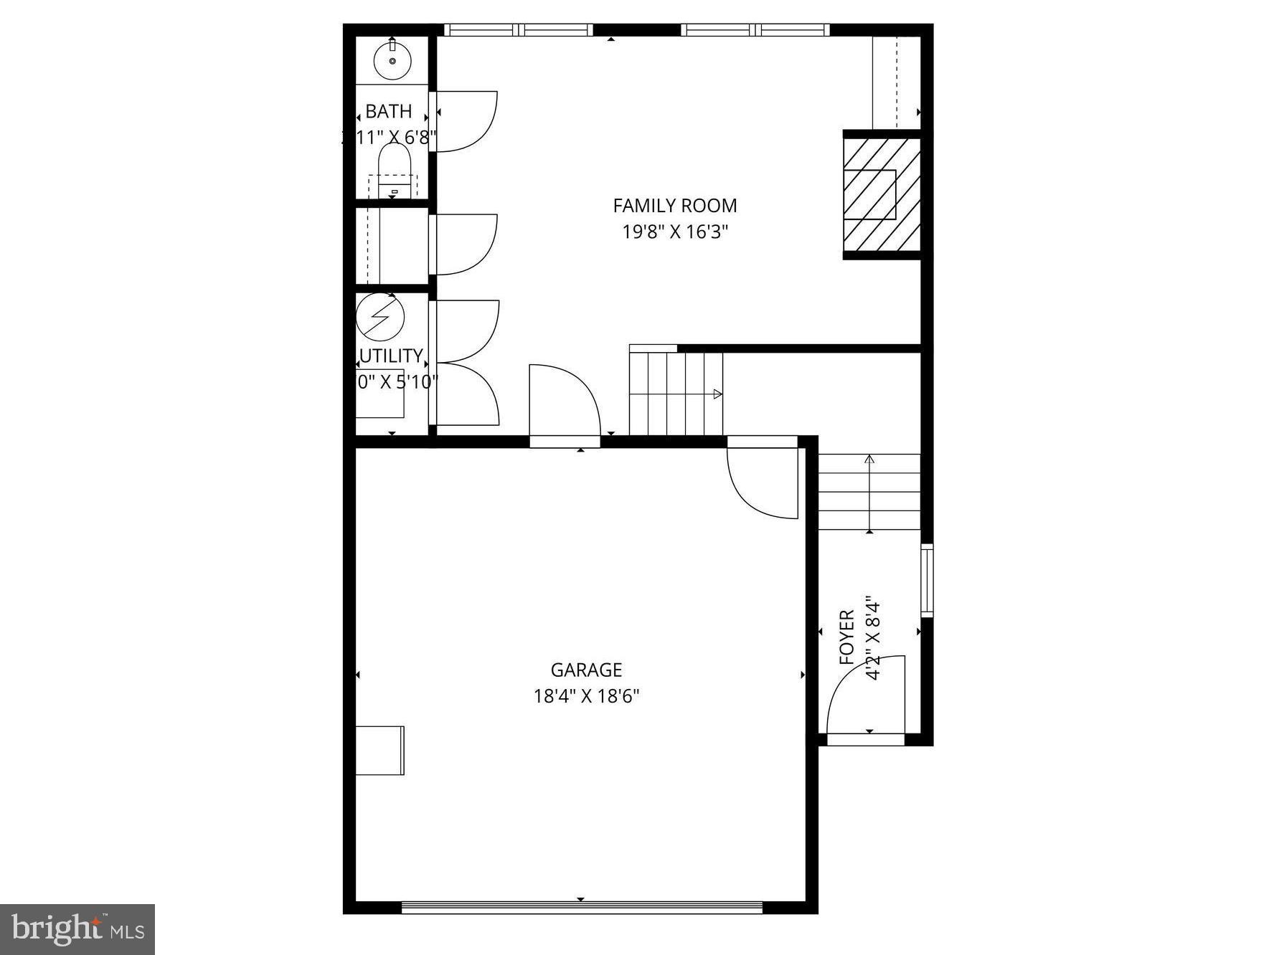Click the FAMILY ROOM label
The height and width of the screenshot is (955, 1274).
click(x=674, y=206)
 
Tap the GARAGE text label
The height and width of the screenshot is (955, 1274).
click(x=586, y=670)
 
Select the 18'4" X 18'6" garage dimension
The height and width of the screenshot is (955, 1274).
click(x=586, y=695)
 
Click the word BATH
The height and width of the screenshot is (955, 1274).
click(x=389, y=111)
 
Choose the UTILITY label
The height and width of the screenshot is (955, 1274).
click(x=392, y=356)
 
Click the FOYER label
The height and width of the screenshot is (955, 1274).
click(x=847, y=637)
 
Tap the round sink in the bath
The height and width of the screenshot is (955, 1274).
click(x=392, y=60)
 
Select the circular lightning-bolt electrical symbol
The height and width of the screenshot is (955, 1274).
click(x=380, y=316)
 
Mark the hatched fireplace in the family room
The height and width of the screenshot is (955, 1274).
click(x=881, y=194)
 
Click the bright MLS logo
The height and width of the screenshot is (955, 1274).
click(x=77, y=929)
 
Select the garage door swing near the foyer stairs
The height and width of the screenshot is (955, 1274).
click(x=763, y=478)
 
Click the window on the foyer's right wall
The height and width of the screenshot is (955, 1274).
click(x=926, y=580)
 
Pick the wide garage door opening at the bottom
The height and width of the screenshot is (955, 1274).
click(x=581, y=907)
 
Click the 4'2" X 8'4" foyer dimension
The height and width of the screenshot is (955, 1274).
click(x=872, y=637)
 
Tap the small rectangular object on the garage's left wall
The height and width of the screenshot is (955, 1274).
click(x=380, y=750)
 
